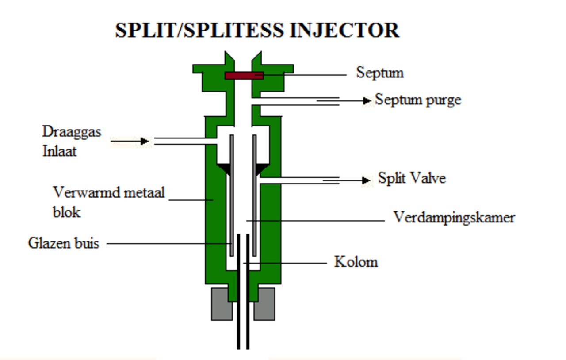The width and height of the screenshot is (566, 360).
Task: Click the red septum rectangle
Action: (245, 75)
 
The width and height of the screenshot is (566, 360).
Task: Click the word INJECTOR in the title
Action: (344, 31)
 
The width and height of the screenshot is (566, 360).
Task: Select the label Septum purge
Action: (418, 100)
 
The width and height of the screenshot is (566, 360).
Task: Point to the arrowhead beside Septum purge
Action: (367, 101)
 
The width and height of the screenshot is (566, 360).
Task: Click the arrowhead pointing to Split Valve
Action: (366, 180)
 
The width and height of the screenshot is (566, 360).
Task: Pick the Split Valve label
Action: (412, 178)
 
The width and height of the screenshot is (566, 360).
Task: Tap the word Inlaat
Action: (60, 151)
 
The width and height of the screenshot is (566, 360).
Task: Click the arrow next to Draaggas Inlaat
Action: (130, 141)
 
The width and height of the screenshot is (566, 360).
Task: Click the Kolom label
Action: (356, 262)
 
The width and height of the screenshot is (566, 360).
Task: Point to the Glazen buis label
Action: (64, 243)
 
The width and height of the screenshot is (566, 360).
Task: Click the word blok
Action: (67, 212)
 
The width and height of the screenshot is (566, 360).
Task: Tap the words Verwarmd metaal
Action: (109, 192)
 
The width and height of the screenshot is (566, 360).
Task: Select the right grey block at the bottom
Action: (265, 304)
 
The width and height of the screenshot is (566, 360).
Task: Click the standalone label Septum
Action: (380, 73)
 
